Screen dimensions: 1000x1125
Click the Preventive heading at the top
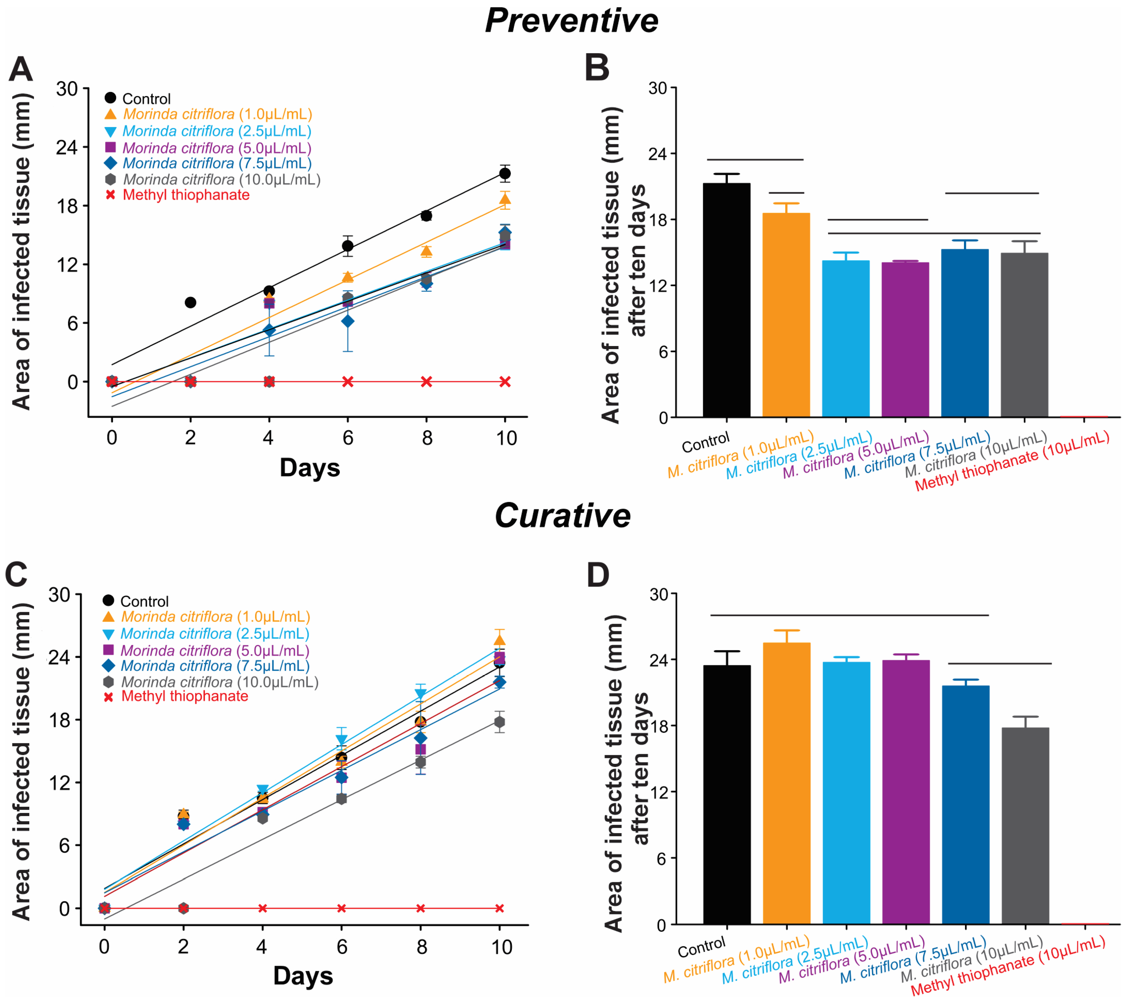click(571, 21)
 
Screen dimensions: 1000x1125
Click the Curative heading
click(562, 516)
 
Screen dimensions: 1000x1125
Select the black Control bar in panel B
click(726, 300)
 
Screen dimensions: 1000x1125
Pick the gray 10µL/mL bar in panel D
click(1025, 826)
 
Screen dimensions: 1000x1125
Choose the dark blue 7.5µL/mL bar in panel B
click(965, 333)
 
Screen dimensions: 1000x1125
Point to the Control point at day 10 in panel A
click(505, 173)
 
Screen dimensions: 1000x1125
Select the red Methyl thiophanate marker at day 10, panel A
click(505, 381)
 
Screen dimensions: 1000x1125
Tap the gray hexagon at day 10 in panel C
click(499, 722)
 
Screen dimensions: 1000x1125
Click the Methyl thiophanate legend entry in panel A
click(185, 195)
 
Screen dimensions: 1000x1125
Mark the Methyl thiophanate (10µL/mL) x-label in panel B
click(1012, 461)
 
